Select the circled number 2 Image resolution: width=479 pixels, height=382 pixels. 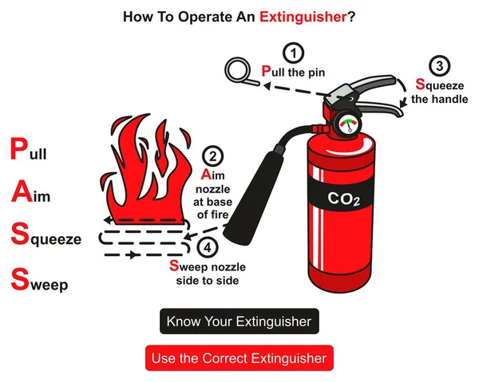(x=212, y=156)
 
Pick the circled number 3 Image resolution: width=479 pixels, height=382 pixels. (x=438, y=66)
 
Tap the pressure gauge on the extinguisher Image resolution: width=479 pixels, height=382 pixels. (x=347, y=124)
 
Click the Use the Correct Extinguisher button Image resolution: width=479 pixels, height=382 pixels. (x=239, y=358)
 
